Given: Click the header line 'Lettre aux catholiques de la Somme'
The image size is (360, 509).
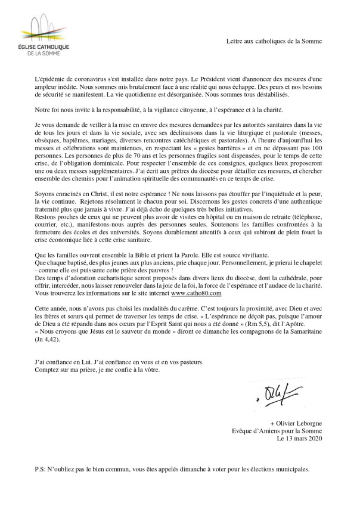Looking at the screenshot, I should (274, 41).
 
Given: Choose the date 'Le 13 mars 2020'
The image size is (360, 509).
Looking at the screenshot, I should (299, 439).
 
